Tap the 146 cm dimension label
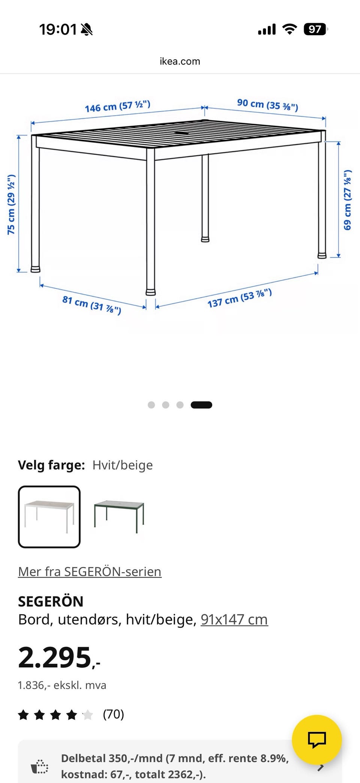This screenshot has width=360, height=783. pyautogui.click(x=117, y=106)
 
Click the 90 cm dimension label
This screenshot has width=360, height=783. pyautogui.click(x=267, y=105)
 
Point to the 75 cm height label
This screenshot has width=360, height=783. pyautogui.click(x=11, y=204)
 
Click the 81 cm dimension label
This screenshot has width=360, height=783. pyautogui.click(x=92, y=305)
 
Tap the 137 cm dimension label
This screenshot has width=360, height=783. pyautogui.click(x=240, y=298)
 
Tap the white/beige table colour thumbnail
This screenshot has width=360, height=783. pyautogui.click(x=49, y=517)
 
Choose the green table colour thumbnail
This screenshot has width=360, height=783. pyautogui.click(x=119, y=517)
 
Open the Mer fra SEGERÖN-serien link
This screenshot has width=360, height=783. pyautogui.click(x=90, y=571)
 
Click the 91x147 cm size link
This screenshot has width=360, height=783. pyautogui.click(x=234, y=619)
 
